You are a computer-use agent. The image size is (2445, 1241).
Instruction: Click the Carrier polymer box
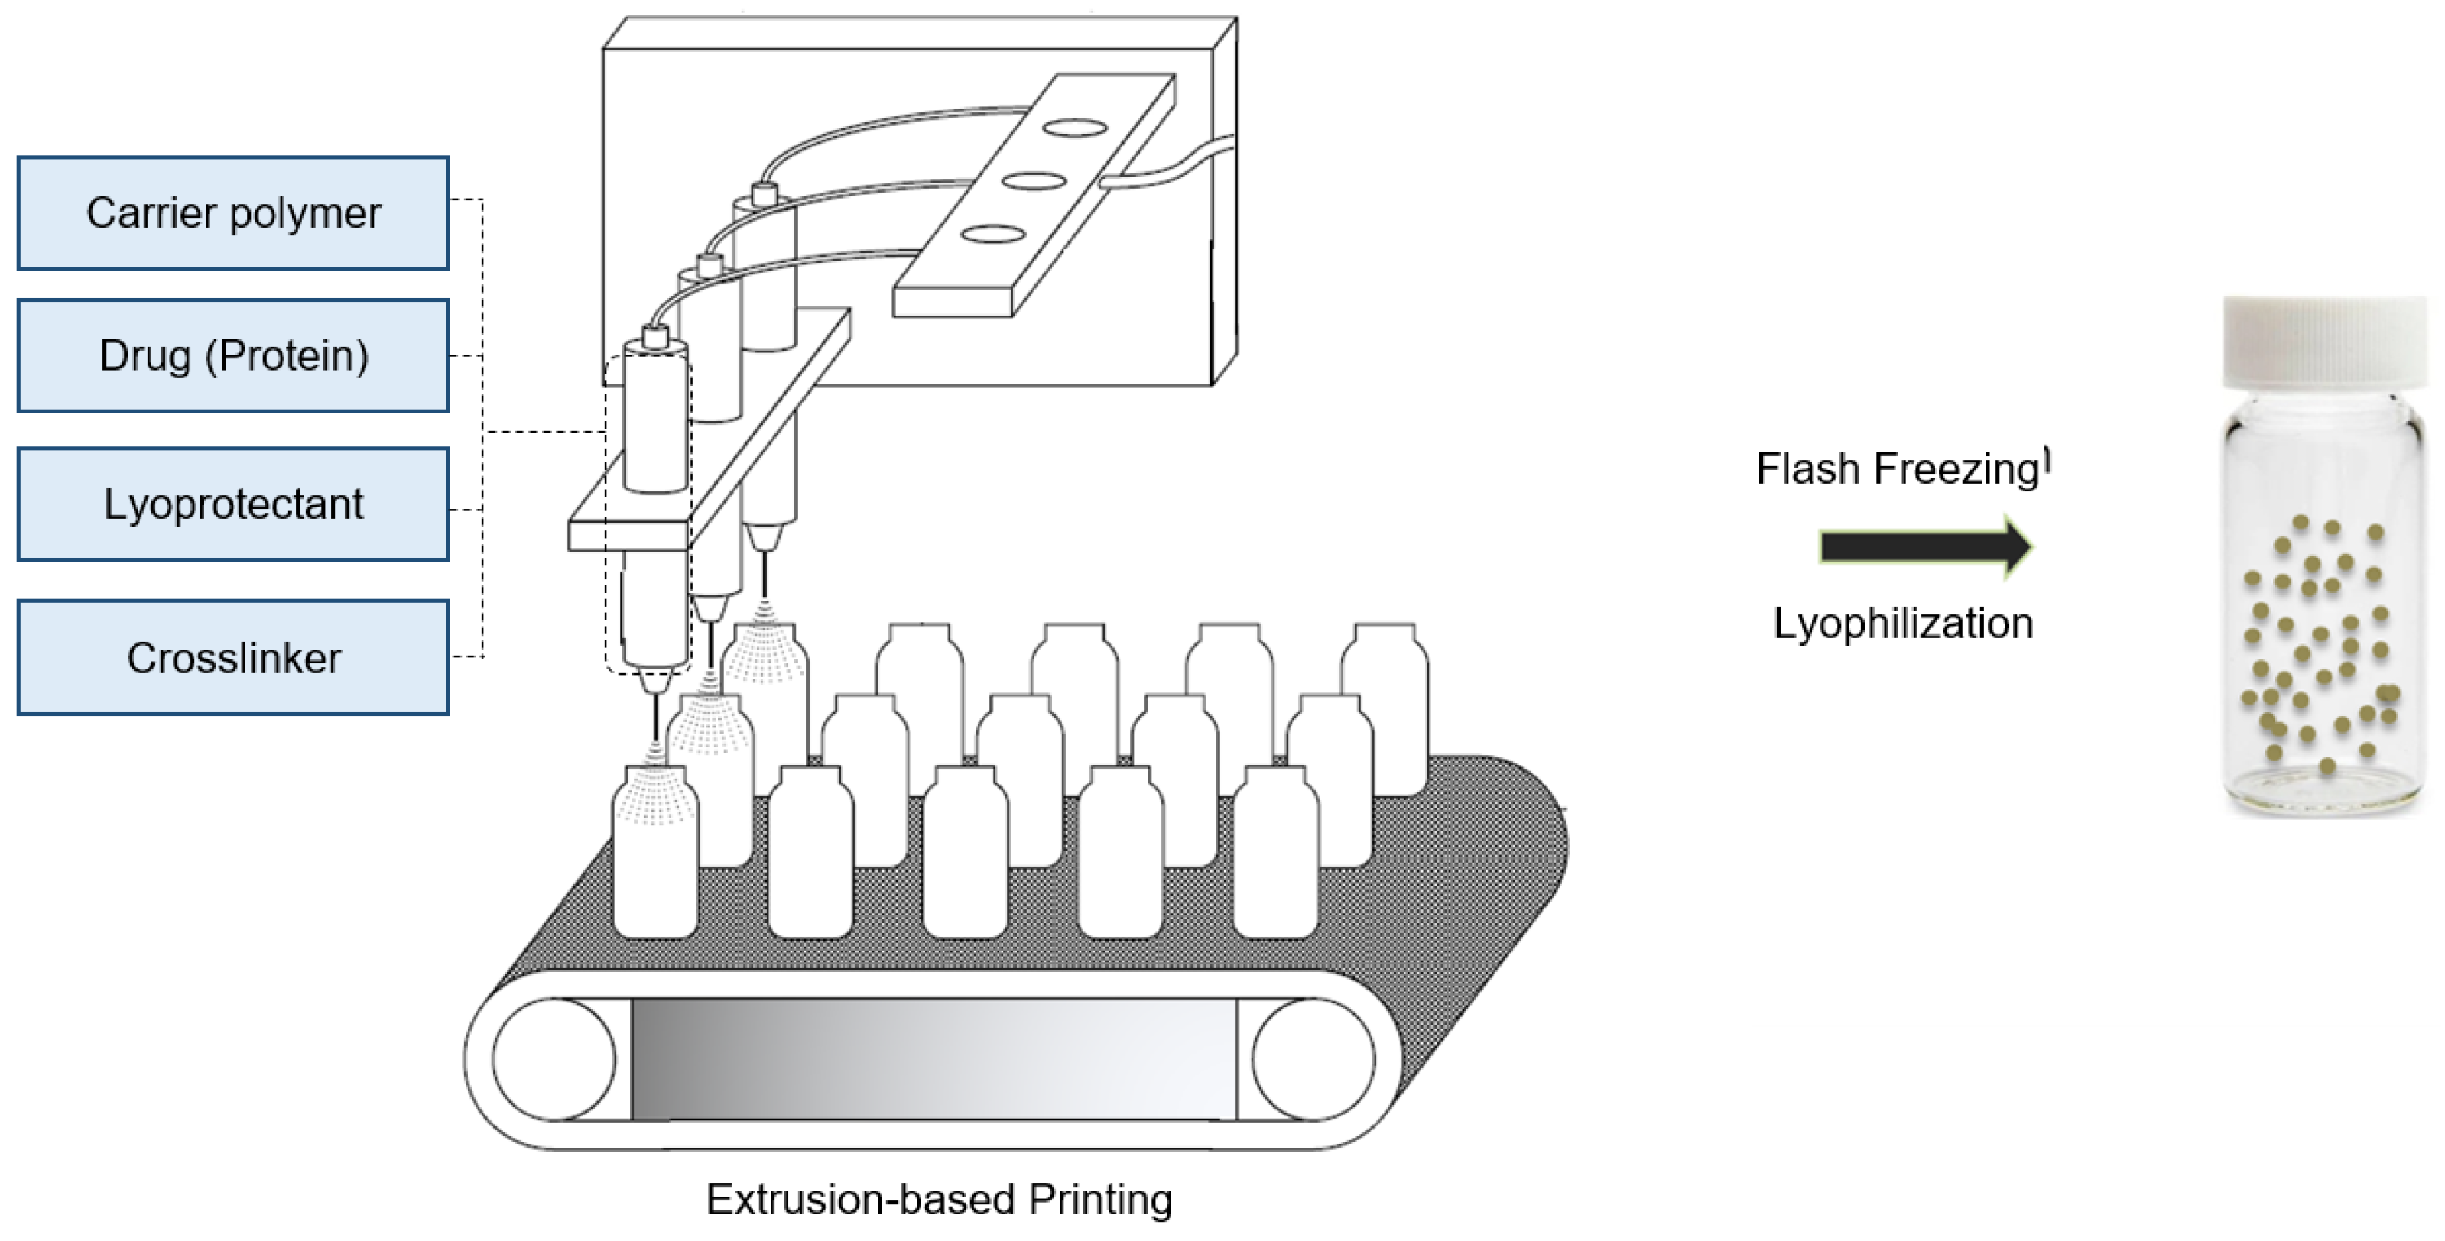tap(232, 213)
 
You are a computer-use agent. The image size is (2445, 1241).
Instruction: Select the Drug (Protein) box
tap(232, 356)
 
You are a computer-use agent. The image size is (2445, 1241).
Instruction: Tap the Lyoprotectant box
tap(232, 504)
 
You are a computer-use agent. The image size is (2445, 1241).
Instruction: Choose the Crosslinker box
tap(232, 657)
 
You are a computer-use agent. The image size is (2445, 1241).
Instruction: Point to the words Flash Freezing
tap(1898, 468)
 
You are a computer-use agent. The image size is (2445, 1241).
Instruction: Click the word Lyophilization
tap(1903, 624)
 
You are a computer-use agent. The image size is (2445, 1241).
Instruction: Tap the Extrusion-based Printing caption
tap(939, 1199)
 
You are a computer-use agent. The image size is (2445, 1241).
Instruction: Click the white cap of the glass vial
tap(2323, 342)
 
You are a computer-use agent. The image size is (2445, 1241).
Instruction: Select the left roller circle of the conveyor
tap(554, 1059)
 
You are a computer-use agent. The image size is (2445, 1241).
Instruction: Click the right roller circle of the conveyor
tap(1313, 1059)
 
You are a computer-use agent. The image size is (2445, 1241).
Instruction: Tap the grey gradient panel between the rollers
tap(934, 1059)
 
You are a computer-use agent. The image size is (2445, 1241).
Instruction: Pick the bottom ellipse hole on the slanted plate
tap(993, 233)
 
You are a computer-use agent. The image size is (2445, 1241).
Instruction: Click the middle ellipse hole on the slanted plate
tap(1034, 180)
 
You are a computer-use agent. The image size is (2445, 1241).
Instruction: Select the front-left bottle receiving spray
tap(655, 854)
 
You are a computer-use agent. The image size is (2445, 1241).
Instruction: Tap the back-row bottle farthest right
tap(1384, 707)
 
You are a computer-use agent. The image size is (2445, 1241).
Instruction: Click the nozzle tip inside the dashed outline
tap(655, 680)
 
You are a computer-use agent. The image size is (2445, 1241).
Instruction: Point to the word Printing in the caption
tap(1100, 1199)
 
